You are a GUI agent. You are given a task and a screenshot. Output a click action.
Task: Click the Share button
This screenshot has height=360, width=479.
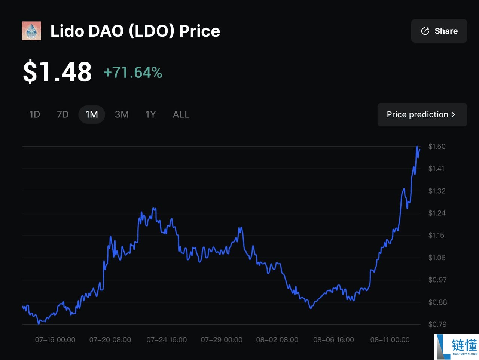pos(439,31)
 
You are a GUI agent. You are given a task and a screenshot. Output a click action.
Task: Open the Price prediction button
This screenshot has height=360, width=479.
pos(422,115)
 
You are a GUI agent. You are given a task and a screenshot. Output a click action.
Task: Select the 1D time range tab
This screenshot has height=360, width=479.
pos(34,114)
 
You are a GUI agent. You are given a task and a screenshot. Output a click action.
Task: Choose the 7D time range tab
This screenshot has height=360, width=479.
pos(62,114)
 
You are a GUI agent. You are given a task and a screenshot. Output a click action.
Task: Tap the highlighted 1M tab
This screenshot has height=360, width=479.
pos(92,114)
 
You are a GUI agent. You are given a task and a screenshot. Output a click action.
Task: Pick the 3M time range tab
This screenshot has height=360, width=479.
pos(122,114)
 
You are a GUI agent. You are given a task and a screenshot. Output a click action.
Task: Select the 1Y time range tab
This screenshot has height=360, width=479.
pos(150,114)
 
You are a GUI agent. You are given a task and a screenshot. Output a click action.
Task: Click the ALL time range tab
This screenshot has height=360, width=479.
pos(181,114)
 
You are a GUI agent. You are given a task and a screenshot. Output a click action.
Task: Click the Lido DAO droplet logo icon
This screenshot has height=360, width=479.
pos(31,31)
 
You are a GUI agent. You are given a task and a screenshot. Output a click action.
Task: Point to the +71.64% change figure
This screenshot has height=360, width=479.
pos(133,73)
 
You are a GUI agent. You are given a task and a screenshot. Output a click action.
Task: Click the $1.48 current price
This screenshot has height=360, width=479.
pos(57,72)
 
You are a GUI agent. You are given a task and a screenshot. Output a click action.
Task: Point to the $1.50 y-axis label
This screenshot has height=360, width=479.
pos(437,147)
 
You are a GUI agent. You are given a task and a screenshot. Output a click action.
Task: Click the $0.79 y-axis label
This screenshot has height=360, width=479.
pos(437,324)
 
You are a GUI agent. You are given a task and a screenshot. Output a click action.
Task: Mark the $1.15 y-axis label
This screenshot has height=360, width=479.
pos(436,236)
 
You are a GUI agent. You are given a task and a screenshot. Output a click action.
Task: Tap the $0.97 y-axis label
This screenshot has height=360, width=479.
pos(437,280)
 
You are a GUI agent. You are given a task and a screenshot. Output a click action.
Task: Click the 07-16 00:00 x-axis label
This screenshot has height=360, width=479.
pos(55,340)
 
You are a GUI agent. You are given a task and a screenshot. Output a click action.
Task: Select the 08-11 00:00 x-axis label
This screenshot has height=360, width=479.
pos(390,340)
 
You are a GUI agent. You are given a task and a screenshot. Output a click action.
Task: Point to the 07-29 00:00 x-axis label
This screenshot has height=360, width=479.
pos(222,340)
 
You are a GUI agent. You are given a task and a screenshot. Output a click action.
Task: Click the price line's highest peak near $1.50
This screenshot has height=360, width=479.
pos(417,147)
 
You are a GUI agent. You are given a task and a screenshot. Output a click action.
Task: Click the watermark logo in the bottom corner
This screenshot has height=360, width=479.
pos(457,347)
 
